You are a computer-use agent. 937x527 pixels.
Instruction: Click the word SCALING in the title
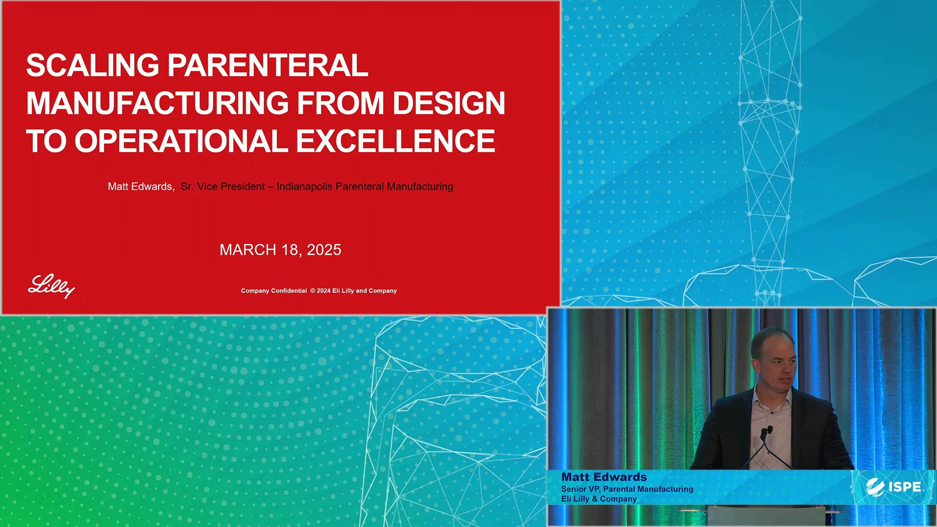point(93,65)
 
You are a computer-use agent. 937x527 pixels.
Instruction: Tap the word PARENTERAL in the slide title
point(268,65)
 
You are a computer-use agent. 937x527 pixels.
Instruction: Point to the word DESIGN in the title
point(449,103)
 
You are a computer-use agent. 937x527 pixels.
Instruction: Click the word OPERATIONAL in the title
point(181,141)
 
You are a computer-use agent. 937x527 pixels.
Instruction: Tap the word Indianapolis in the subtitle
point(305,187)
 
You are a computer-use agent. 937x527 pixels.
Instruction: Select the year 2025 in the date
point(324,250)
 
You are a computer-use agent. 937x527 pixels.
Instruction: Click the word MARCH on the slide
point(248,250)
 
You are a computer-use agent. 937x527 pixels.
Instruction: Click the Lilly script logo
point(51,286)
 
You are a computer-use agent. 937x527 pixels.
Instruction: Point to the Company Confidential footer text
point(274,291)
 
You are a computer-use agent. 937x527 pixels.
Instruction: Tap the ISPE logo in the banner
point(894,487)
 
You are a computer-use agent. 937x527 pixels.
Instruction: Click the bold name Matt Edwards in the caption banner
point(604,477)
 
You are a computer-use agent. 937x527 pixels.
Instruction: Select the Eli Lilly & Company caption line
point(599,499)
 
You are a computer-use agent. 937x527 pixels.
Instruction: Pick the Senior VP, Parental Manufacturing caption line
point(627,489)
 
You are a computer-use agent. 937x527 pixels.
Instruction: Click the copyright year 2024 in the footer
point(324,291)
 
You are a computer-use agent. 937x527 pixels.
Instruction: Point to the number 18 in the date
point(290,250)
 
